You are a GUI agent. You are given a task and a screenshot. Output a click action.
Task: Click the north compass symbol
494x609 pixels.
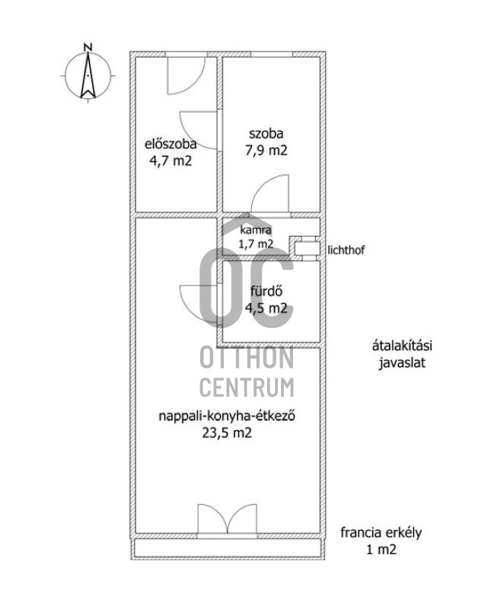pos(88,75)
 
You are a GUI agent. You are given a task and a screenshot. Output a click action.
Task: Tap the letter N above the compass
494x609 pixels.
pos(88,47)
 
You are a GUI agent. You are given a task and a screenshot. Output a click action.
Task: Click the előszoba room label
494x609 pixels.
pos(171,144)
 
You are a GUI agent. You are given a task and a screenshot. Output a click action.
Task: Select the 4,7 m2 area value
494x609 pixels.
pos(171,161)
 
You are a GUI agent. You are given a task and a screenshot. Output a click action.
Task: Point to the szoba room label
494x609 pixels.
pos(266,134)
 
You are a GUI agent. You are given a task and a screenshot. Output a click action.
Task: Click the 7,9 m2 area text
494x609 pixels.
pos(266,150)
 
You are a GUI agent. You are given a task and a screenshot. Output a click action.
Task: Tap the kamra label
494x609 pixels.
pos(256,230)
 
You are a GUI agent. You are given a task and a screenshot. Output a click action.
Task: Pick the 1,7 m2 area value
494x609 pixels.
pos(256,244)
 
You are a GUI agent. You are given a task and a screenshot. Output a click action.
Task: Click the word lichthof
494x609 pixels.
pos(346,250)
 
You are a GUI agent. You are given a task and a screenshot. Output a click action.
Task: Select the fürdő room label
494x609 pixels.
pos(266,292)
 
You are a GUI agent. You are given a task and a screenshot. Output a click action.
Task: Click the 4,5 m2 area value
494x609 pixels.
pos(266,308)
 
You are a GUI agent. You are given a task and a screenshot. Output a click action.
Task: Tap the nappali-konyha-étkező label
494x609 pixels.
pos(227,416)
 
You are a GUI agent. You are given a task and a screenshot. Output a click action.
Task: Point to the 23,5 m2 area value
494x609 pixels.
pos(227,432)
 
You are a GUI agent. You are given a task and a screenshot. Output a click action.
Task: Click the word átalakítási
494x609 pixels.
pos(402,346)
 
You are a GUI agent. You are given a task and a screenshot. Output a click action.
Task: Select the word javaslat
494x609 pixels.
pos(402,363)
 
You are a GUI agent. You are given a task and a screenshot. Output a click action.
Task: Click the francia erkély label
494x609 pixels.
pos(381,532)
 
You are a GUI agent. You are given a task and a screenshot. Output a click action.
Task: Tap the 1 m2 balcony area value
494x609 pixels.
pos(381,550)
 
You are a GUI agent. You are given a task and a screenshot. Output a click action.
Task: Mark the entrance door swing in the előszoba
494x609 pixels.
pos(186,75)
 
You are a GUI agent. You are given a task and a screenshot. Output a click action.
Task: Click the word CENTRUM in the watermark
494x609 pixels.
pos(247,387)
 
